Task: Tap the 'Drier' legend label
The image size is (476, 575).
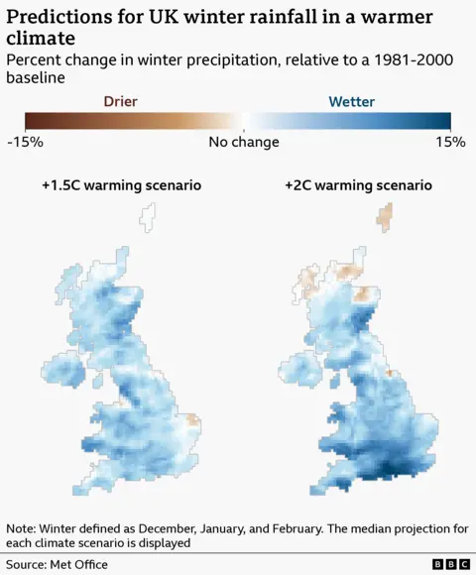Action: [120, 101]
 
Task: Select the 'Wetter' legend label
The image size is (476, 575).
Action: [351, 101]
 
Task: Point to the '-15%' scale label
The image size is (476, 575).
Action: [24, 142]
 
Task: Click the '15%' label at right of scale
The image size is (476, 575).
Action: [449, 142]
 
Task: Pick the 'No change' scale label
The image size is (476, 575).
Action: [243, 142]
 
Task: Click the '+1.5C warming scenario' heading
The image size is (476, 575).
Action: [121, 185]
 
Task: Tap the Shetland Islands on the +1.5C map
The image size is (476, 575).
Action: [149, 216]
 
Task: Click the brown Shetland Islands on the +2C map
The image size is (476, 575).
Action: [385, 216]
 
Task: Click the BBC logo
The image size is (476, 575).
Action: [451, 564]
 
